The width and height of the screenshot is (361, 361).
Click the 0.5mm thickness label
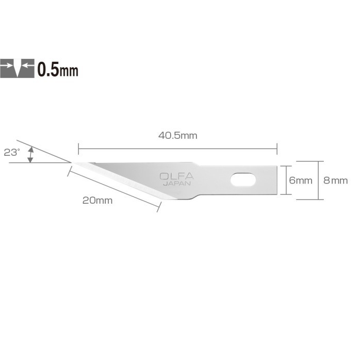[58, 69]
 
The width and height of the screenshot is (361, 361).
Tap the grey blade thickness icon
[18, 69]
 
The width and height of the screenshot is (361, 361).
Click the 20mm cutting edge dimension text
[97, 201]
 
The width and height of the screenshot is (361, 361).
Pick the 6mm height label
[300, 180]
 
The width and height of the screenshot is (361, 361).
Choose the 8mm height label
[335, 180]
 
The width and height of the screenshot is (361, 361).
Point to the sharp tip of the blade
[72, 163]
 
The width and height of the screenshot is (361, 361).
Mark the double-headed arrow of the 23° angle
[30, 154]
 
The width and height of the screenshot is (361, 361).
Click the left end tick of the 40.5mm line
[78, 149]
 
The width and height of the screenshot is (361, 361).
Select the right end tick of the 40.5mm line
[277, 149]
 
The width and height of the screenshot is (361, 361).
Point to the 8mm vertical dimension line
[320, 180]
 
